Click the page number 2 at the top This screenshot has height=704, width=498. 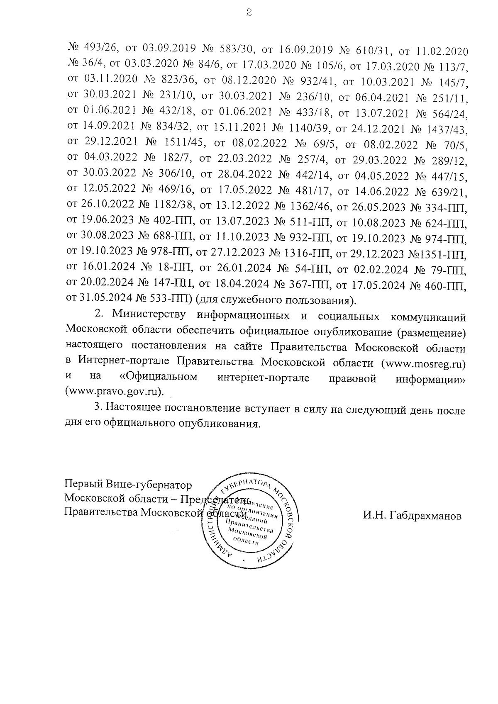[x=248, y=14]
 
